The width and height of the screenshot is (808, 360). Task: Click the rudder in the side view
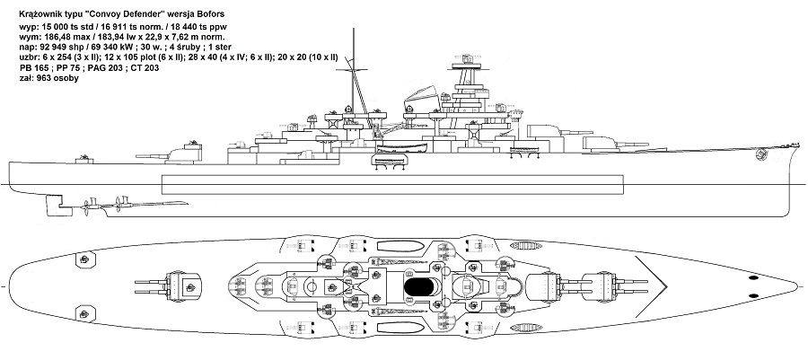pyautogui.click(x=42, y=206)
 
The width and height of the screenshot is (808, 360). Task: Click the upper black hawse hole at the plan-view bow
pyautogui.click(x=752, y=279)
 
